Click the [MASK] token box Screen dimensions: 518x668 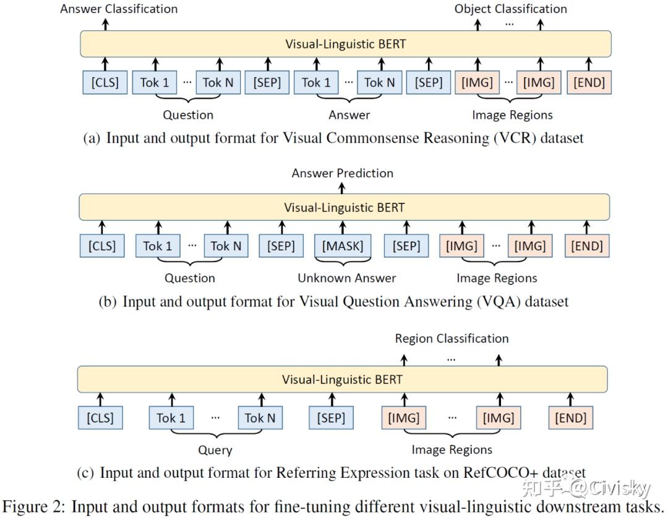pyautogui.click(x=342, y=246)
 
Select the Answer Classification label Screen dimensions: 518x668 pyautogui.click(x=119, y=9)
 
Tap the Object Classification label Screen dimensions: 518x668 pyautogui.click(x=510, y=9)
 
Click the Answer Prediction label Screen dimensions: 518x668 pyautogui.click(x=342, y=173)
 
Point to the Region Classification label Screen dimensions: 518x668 pyautogui.click(x=452, y=338)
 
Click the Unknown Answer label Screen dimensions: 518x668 pyautogui.click(x=346, y=278)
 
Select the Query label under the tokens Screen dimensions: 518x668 pyautogui.click(x=215, y=450)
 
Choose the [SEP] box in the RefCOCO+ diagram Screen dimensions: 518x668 pyautogui.click(x=330, y=418)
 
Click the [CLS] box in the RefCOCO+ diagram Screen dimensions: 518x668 pyautogui.click(x=100, y=418)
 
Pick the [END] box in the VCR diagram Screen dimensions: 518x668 pyautogui.click(x=589, y=82)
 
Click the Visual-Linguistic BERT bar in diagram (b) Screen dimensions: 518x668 pyautogui.click(x=344, y=207)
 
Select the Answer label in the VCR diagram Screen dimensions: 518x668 pyautogui.click(x=349, y=115)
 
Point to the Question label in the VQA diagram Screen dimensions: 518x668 pyautogui.click(x=189, y=278)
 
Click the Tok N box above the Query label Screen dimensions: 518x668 pyautogui.click(x=259, y=418)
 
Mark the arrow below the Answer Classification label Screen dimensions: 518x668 pyautogui.click(x=105, y=23)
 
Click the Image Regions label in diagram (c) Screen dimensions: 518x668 pyautogui.click(x=452, y=450)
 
